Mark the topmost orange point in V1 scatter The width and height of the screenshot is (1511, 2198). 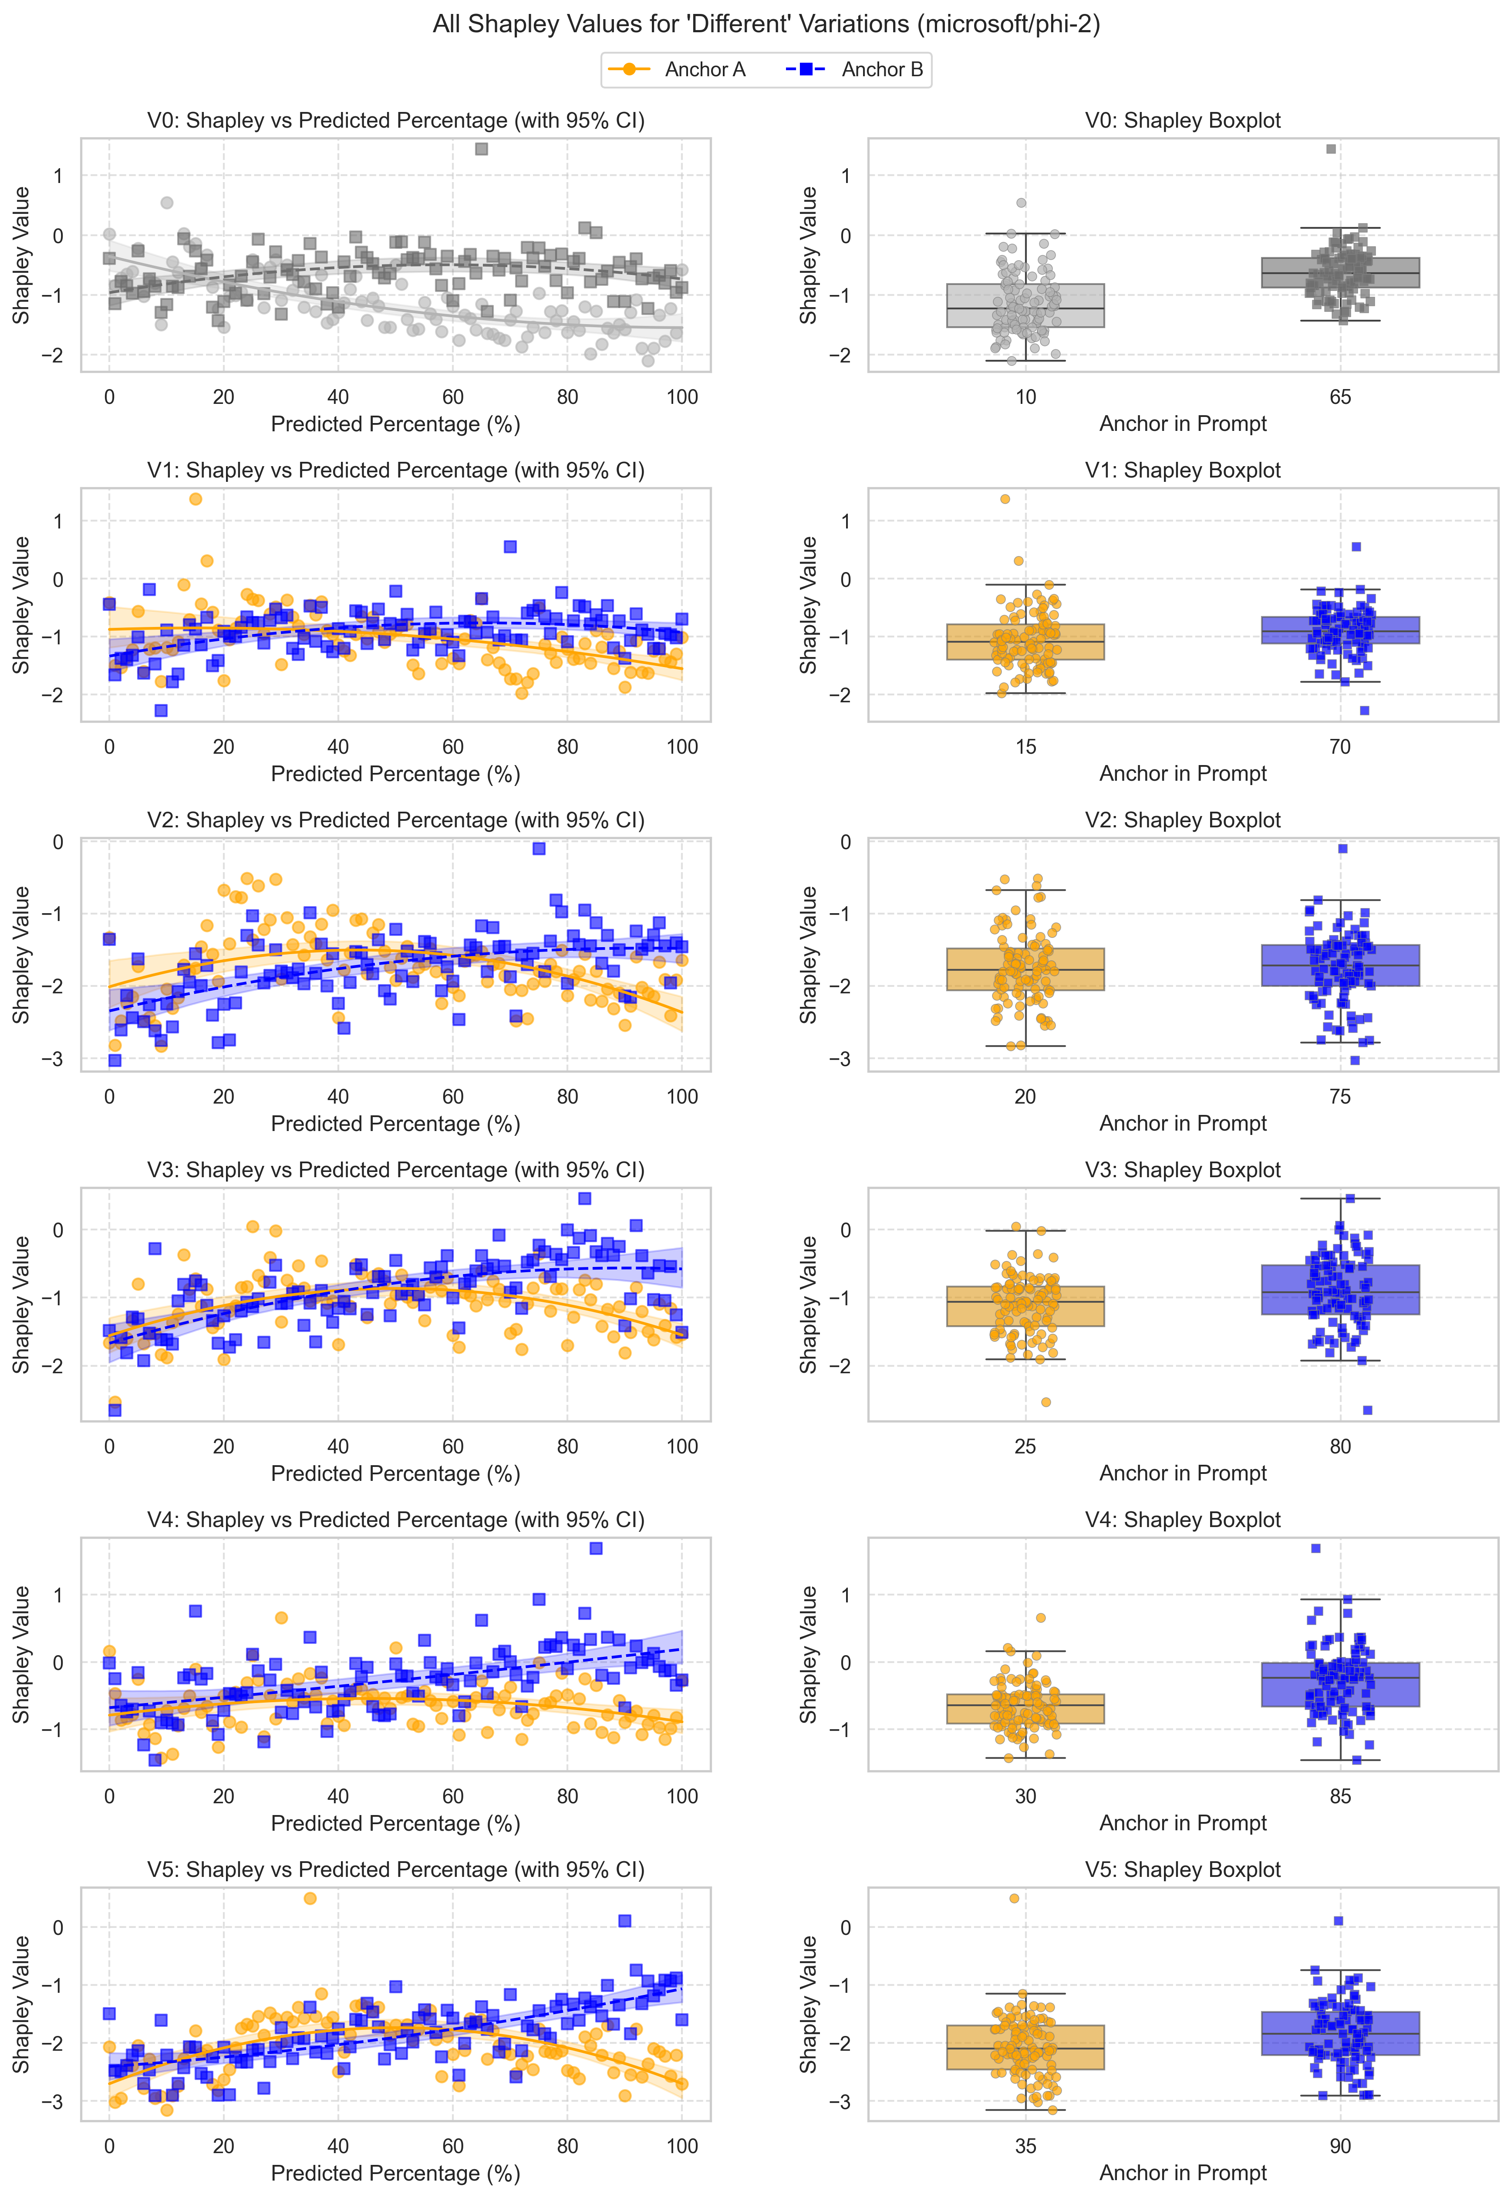195,499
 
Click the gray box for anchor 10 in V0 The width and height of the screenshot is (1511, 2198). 1025,305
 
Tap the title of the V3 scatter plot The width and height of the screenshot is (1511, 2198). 396,1171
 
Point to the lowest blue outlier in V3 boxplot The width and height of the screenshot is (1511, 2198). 1367,1410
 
